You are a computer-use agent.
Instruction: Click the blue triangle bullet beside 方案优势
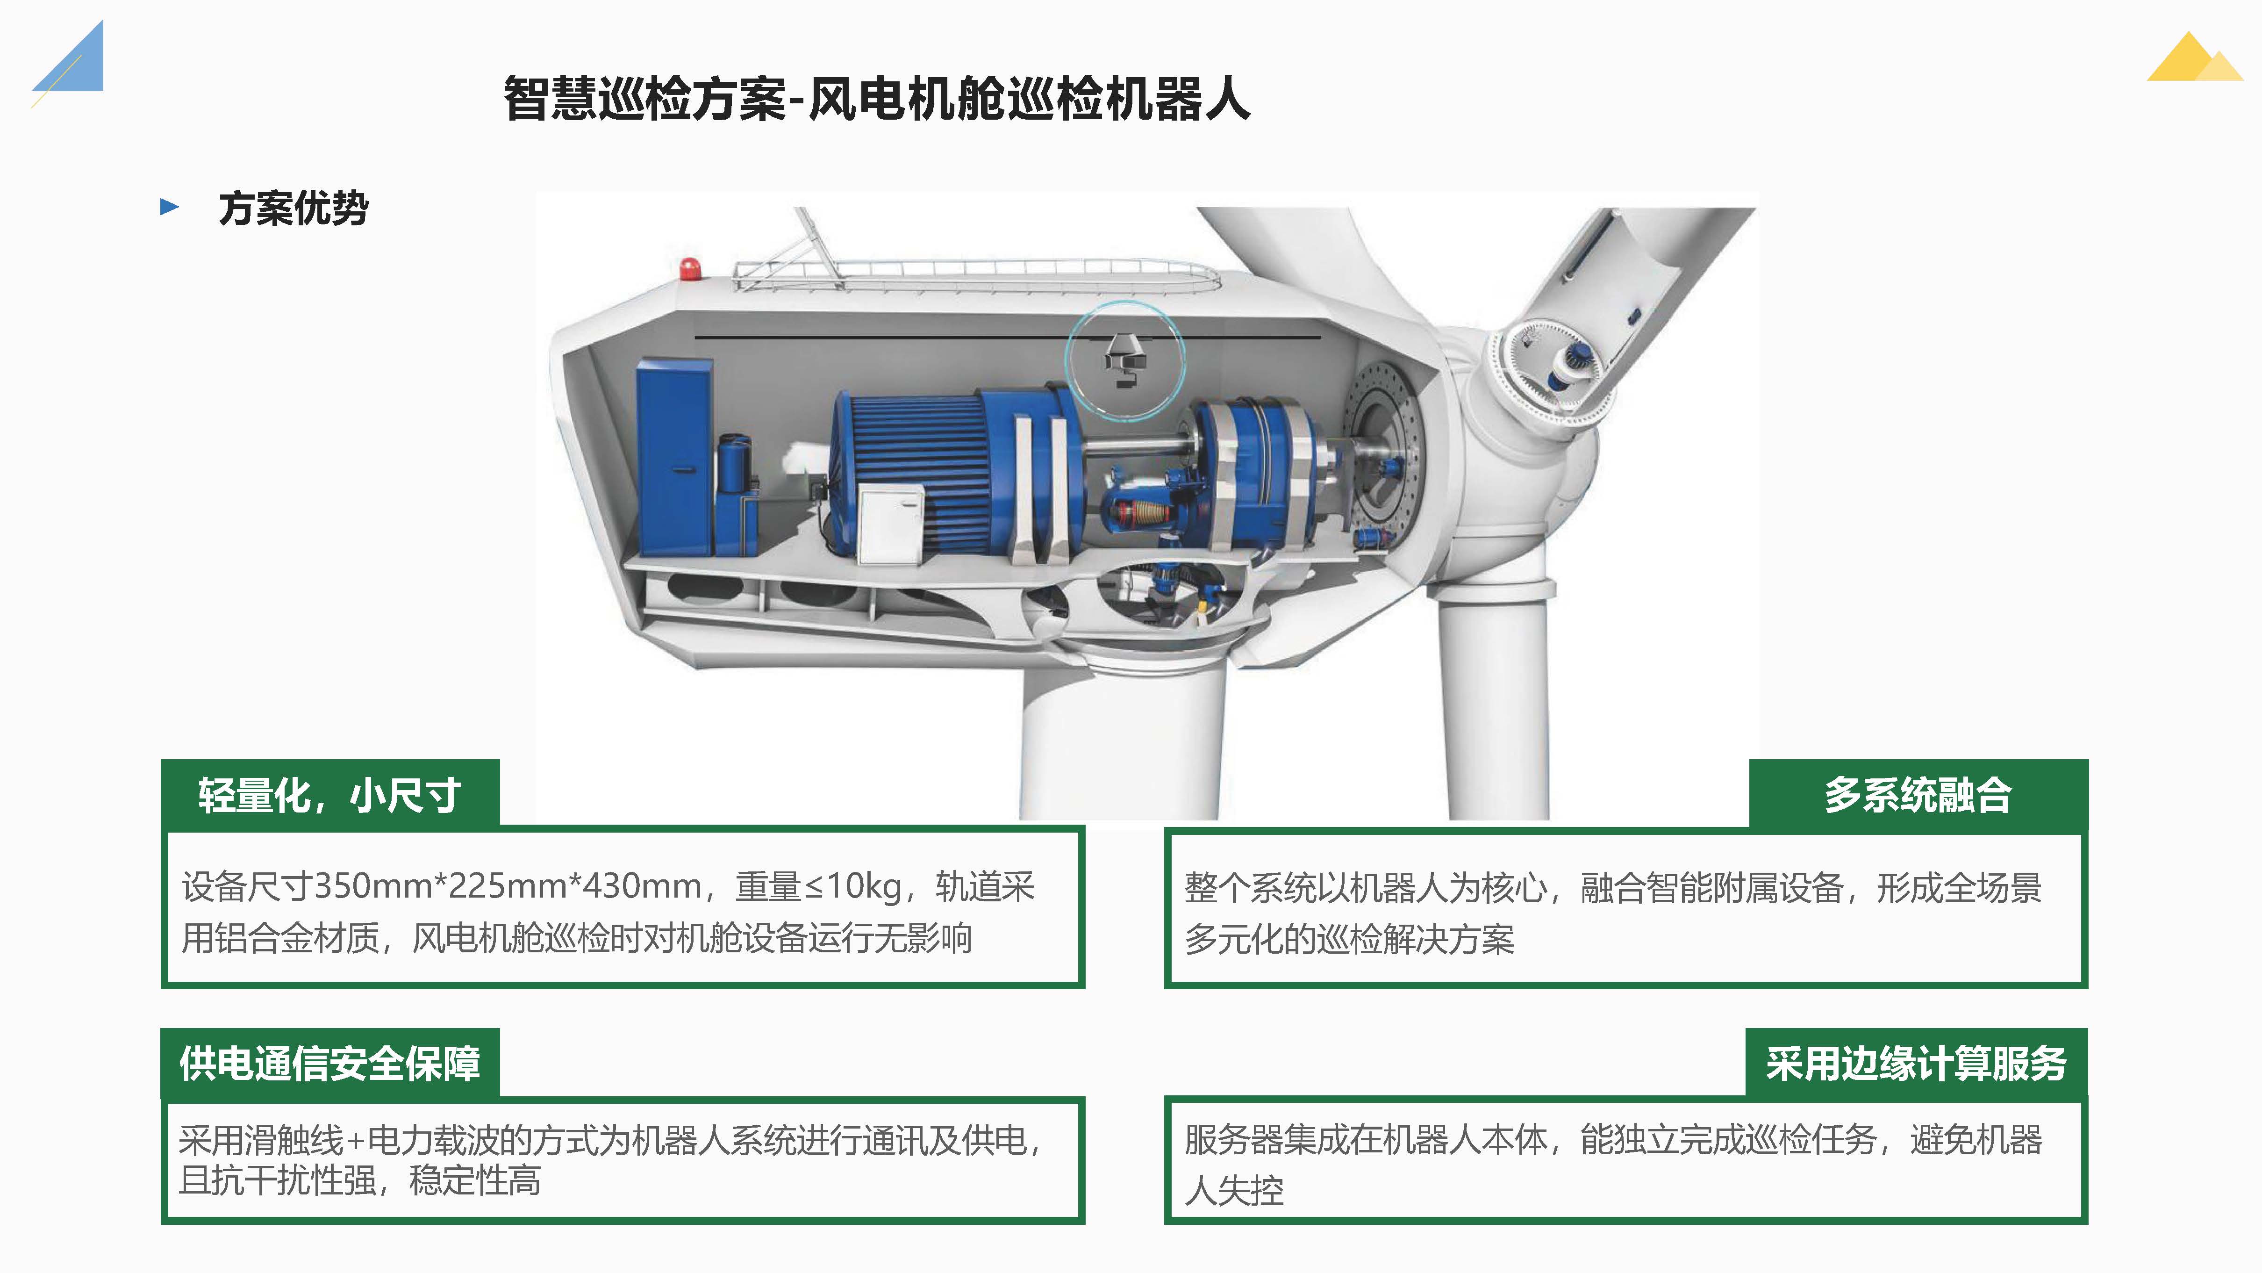[x=170, y=207]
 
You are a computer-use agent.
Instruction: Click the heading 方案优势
[x=293, y=208]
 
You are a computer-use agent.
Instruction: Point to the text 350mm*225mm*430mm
[x=508, y=886]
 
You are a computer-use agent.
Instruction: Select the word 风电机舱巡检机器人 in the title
[x=1029, y=98]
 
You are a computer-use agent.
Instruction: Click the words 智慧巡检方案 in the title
[x=645, y=98]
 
